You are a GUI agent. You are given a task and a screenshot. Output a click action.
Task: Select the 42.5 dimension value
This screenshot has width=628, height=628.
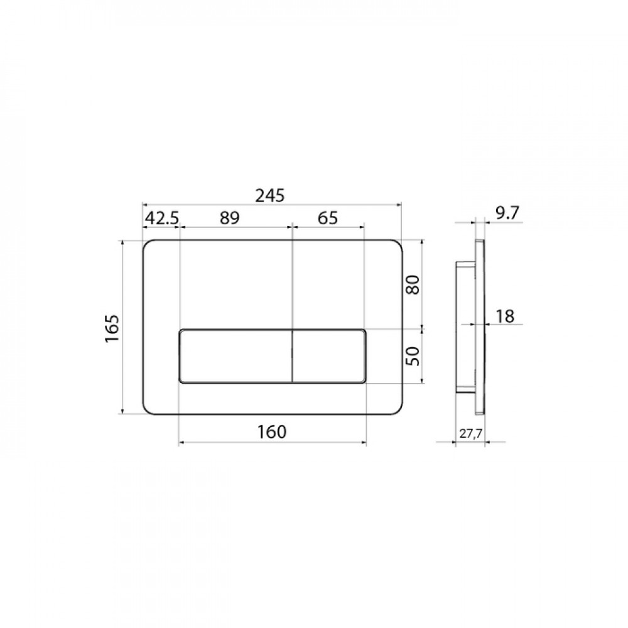tap(162, 219)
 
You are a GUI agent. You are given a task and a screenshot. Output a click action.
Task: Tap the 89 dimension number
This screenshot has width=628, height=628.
tap(229, 219)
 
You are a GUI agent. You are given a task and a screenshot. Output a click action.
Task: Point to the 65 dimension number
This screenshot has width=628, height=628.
tap(328, 219)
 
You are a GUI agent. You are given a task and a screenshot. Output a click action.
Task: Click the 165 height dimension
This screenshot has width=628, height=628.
tap(112, 328)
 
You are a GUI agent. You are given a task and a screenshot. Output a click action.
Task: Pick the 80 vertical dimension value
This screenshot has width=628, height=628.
tap(413, 284)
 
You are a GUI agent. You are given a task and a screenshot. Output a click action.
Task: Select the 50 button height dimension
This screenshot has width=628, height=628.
tap(413, 355)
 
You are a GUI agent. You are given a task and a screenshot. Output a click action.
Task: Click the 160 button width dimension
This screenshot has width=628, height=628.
tap(271, 432)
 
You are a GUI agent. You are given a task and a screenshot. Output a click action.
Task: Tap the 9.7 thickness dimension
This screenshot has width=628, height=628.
tap(507, 214)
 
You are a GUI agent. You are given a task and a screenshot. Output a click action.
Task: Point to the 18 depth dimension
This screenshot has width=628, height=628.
tap(505, 317)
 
